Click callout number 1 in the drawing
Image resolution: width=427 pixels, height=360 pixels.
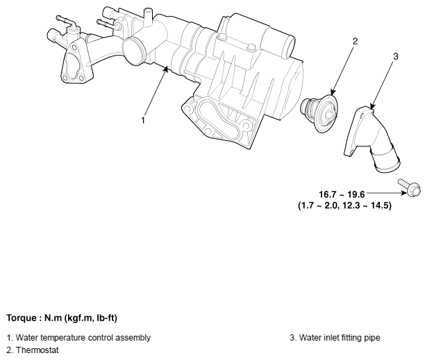coord(143,120)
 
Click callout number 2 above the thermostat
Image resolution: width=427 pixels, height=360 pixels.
coord(355,41)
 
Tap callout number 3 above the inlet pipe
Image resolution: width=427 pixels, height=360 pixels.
coord(396,56)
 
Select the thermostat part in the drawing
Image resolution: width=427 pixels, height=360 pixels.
coord(319,112)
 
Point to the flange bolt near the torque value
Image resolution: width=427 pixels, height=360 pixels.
coord(410,187)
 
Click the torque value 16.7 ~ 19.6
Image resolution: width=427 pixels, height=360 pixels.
coord(342,194)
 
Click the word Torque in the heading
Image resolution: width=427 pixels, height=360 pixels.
coord(22,318)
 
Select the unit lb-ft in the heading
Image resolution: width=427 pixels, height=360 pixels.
coord(106,318)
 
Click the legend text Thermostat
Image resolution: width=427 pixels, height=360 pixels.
coord(37,350)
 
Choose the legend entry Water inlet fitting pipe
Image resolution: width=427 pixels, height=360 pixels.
coord(340,338)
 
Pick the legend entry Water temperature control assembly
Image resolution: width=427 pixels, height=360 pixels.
coord(83,338)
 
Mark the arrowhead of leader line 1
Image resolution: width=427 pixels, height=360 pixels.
coord(165,69)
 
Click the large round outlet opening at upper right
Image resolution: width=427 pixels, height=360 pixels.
coord(289,45)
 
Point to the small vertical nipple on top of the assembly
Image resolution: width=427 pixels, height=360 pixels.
coord(148,17)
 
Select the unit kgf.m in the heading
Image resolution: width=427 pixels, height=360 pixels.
coord(80,318)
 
